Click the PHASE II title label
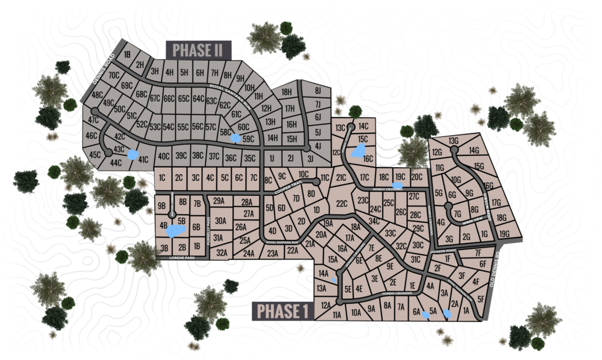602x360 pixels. pyautogui.click(x=199, y=49)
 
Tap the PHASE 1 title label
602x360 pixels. pyautogui.click(x=283, y=311)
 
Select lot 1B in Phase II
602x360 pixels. pyautogui.click(x=126, y=55)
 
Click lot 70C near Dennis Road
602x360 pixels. pyautogui.click(x=114, y=75)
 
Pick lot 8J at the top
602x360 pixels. pyautogui.click(x=318, y=91)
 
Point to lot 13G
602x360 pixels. pyautogui.click(x=453, y=141)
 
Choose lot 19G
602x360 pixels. pyautogui.click(x=504, y=234)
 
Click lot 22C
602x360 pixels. pyautogui.click(x=342, y=204)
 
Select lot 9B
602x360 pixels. pyautogui.click(x=162, y=205)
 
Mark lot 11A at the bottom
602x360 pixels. pyautogui.click(x=337, y=315)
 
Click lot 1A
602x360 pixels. pyautogui.click(x=467, y=311)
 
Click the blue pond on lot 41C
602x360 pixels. pyautogui.click(x=133, y=155)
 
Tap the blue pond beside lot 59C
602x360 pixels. pyautogui.click(x=235, y=138)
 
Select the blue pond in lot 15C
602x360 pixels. pyautogui.click(x=357, y=152)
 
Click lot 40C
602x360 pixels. pyautogui.click(x=163, y=156)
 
